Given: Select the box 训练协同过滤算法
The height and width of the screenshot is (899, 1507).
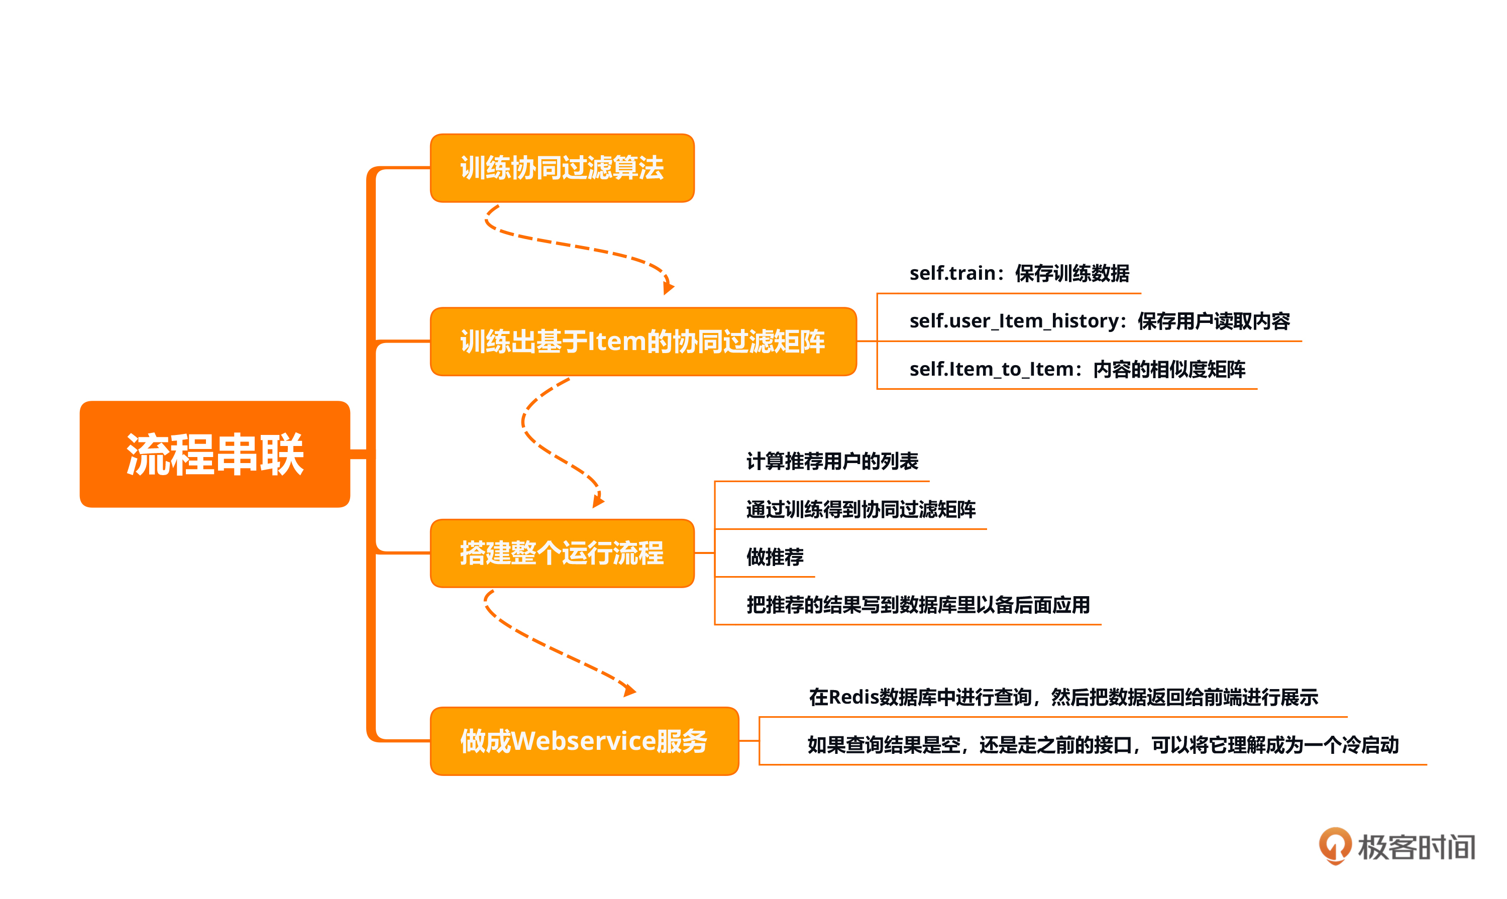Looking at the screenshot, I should click(x=562, y=168).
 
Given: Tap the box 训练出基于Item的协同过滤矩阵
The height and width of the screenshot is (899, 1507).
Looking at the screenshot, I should click(x=642, y=341).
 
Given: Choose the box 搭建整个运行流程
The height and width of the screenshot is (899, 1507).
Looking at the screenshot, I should click(x=562, y=552).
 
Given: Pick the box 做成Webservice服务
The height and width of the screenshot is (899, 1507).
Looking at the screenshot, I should click(x=584, y=740).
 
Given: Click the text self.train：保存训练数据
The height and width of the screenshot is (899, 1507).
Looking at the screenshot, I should click(x=1019, y=273).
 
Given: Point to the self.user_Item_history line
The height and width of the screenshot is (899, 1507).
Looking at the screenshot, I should click(x=1099, y=321).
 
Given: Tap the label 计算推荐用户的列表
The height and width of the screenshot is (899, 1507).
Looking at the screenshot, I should click(x=832, y=461).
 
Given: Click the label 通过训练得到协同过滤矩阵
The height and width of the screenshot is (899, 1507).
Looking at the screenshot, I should click(x=860, y=509).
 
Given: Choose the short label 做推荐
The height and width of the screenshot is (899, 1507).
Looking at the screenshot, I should click(x=775, y=556).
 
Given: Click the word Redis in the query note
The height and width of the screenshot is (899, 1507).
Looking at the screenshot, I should click(x=853, y=697).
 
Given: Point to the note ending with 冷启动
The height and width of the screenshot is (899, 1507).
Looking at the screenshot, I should click(x=1102, y=745).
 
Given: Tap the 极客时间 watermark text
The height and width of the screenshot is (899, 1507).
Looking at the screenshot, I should click(x=1416, y=847).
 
